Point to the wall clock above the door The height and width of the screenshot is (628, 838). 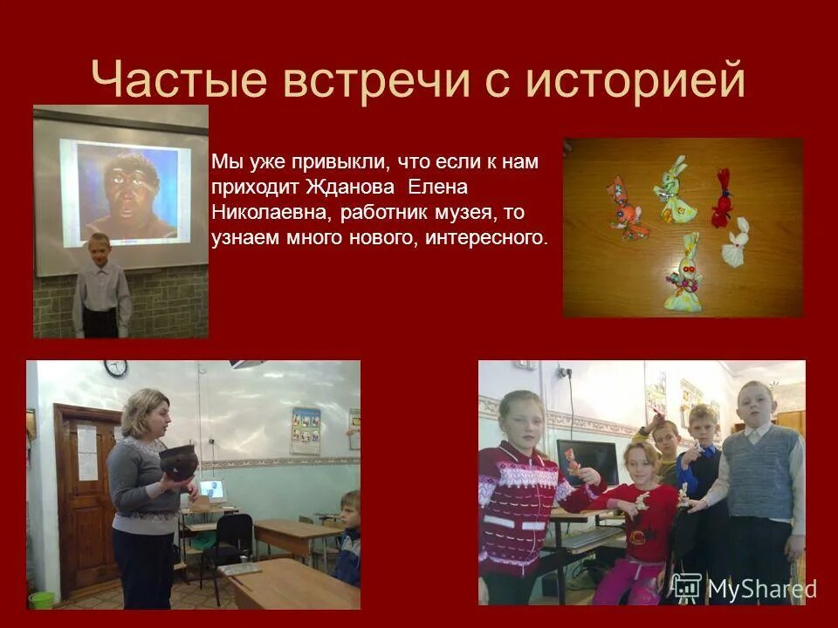click(115, 369)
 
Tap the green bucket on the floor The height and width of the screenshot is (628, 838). click(41, 600)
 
